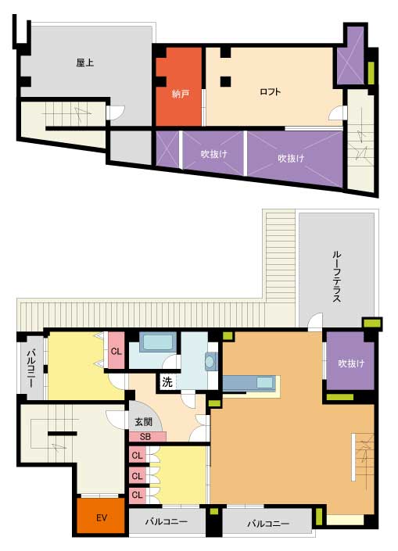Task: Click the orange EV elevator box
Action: tap(101, 517)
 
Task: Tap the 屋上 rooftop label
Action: tap(84, 63)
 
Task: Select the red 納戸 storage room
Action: tap(178, 86)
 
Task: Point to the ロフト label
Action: tap(270, 92)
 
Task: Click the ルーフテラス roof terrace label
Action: tap(336, 277)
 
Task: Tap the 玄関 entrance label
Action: tap(143, 422)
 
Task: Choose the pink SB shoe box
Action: tap(147, 437)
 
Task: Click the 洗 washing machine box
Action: tap(167, 382)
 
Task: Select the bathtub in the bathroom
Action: tap(157, 342)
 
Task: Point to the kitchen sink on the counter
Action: tap(265, 383)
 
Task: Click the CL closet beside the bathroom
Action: tap(116, 351)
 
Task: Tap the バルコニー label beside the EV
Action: tap(166, 522)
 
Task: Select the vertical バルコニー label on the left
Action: tap(31, 368)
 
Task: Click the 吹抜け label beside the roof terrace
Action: tap(351, 363)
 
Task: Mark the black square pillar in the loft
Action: tap(226, 81)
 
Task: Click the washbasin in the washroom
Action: tap(210, 362)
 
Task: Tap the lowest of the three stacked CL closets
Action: tap(137, 496)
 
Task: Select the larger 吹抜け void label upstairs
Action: tap(291, 159)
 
